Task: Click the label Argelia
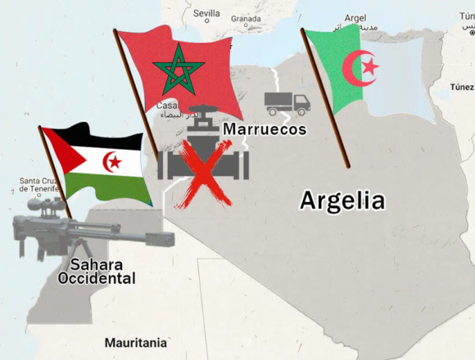point(342,200)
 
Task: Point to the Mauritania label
point(135,343)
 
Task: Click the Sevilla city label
point(206,14)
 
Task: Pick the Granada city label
point(246,18)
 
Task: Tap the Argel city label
point(355,17)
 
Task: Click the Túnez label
point(461,86)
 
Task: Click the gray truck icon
point(287,103)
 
